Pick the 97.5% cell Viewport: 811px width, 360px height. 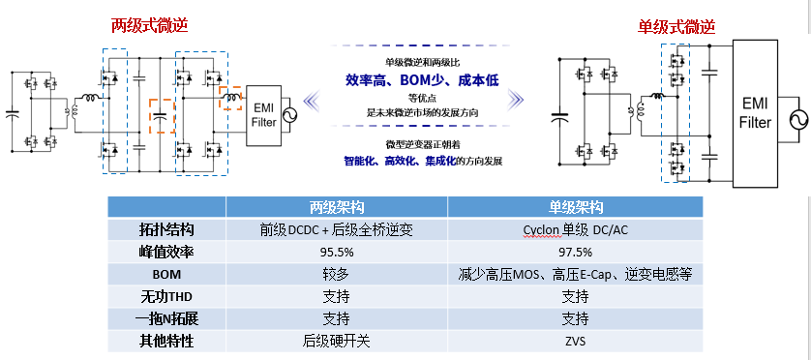pos(575,252)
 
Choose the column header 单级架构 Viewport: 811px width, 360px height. pos(575,207)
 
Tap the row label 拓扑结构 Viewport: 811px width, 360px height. pos(166,229)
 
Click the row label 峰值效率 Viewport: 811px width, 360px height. pos(166,252)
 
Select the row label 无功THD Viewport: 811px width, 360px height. pos(166,296)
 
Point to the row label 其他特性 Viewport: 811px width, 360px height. pos(166,341)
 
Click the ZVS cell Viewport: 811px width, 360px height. pos(575,341)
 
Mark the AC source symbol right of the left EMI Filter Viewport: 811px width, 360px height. pos(289,117)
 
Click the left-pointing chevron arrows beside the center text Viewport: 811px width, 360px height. pos(313,97)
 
